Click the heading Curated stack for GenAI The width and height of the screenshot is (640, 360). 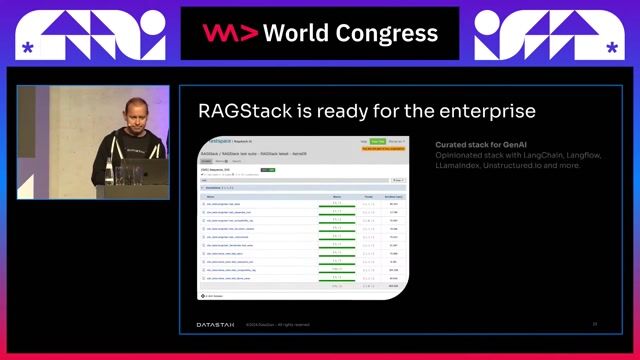click(x=474, y=145)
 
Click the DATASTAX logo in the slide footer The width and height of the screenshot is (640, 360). click(x=215, y=324)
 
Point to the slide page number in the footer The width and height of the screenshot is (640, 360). click(x=594, y=324)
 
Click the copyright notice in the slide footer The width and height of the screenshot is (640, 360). click(x=278, y=324)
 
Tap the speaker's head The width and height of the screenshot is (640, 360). click(x=133, y=109)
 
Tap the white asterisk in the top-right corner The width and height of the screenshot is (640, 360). click(x=612, y=47)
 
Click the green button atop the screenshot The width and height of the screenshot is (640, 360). click(x=377, y=142)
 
